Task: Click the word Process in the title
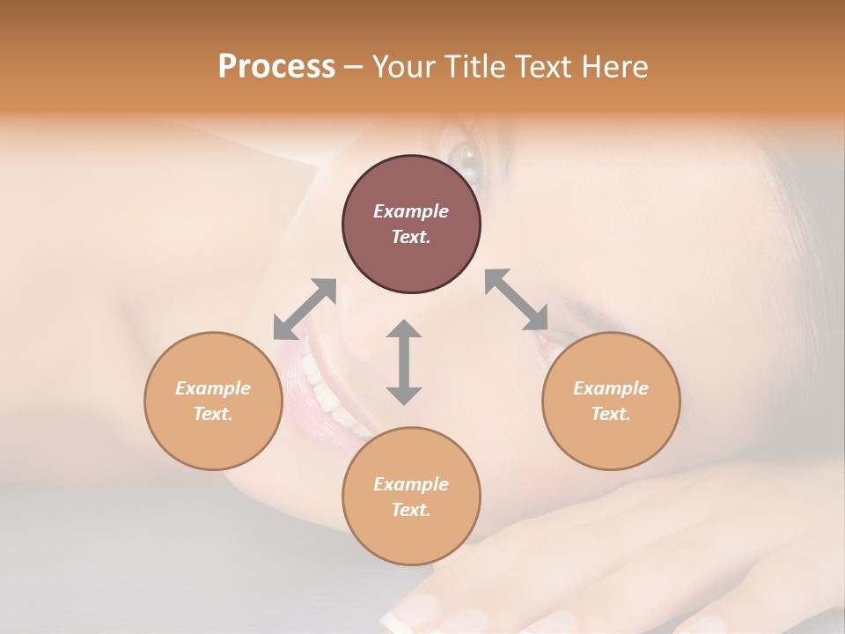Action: coord(276,67)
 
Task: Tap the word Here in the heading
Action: coord(614,67)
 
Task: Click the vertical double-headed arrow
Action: coord(404,362)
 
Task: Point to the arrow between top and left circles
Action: coord(305,309)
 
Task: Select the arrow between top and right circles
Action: coord(517,300)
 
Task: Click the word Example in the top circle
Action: coord(411,211)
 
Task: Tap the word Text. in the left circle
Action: coord(213,414)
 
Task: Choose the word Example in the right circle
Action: coord(611,388)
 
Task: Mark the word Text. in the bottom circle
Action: coord(411,510)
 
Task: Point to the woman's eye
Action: coord(465,159)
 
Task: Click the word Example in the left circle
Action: coord(213,388)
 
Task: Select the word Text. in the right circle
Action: coord(611,414)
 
